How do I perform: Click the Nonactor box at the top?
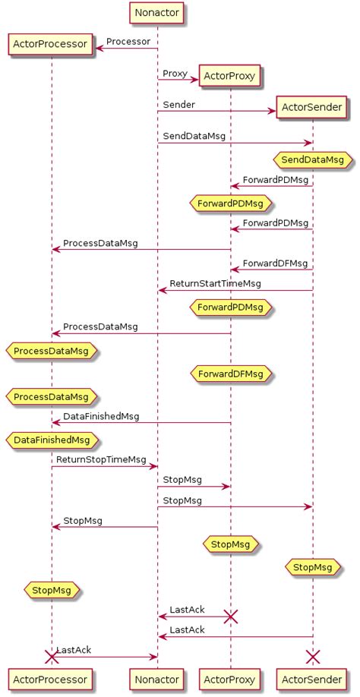(157, 12)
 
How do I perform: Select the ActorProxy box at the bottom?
(230, 678)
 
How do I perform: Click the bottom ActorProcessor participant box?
(52, 678)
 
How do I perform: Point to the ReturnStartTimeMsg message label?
(215, 283)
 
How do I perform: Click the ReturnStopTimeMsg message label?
(101, 459)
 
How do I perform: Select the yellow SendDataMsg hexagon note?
(312, 160)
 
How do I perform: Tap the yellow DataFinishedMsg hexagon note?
(52, 440)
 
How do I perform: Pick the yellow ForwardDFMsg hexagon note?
(230, 374)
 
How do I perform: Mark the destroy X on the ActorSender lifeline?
(312, 656)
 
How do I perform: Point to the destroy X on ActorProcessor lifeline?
(52, 656)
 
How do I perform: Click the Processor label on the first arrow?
(128, 40)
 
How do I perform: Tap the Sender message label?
(179, 104)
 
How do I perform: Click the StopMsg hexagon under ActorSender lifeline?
(312, 566)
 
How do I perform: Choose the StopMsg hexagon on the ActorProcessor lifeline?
(52, 588)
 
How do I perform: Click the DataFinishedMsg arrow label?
(101, 416)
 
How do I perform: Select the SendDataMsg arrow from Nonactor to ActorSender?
(235, 143)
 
